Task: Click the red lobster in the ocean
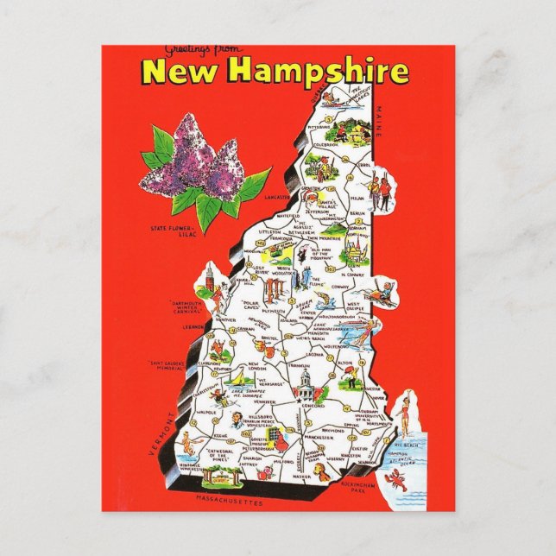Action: [400, 477]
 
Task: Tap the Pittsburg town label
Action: [319, 125]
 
